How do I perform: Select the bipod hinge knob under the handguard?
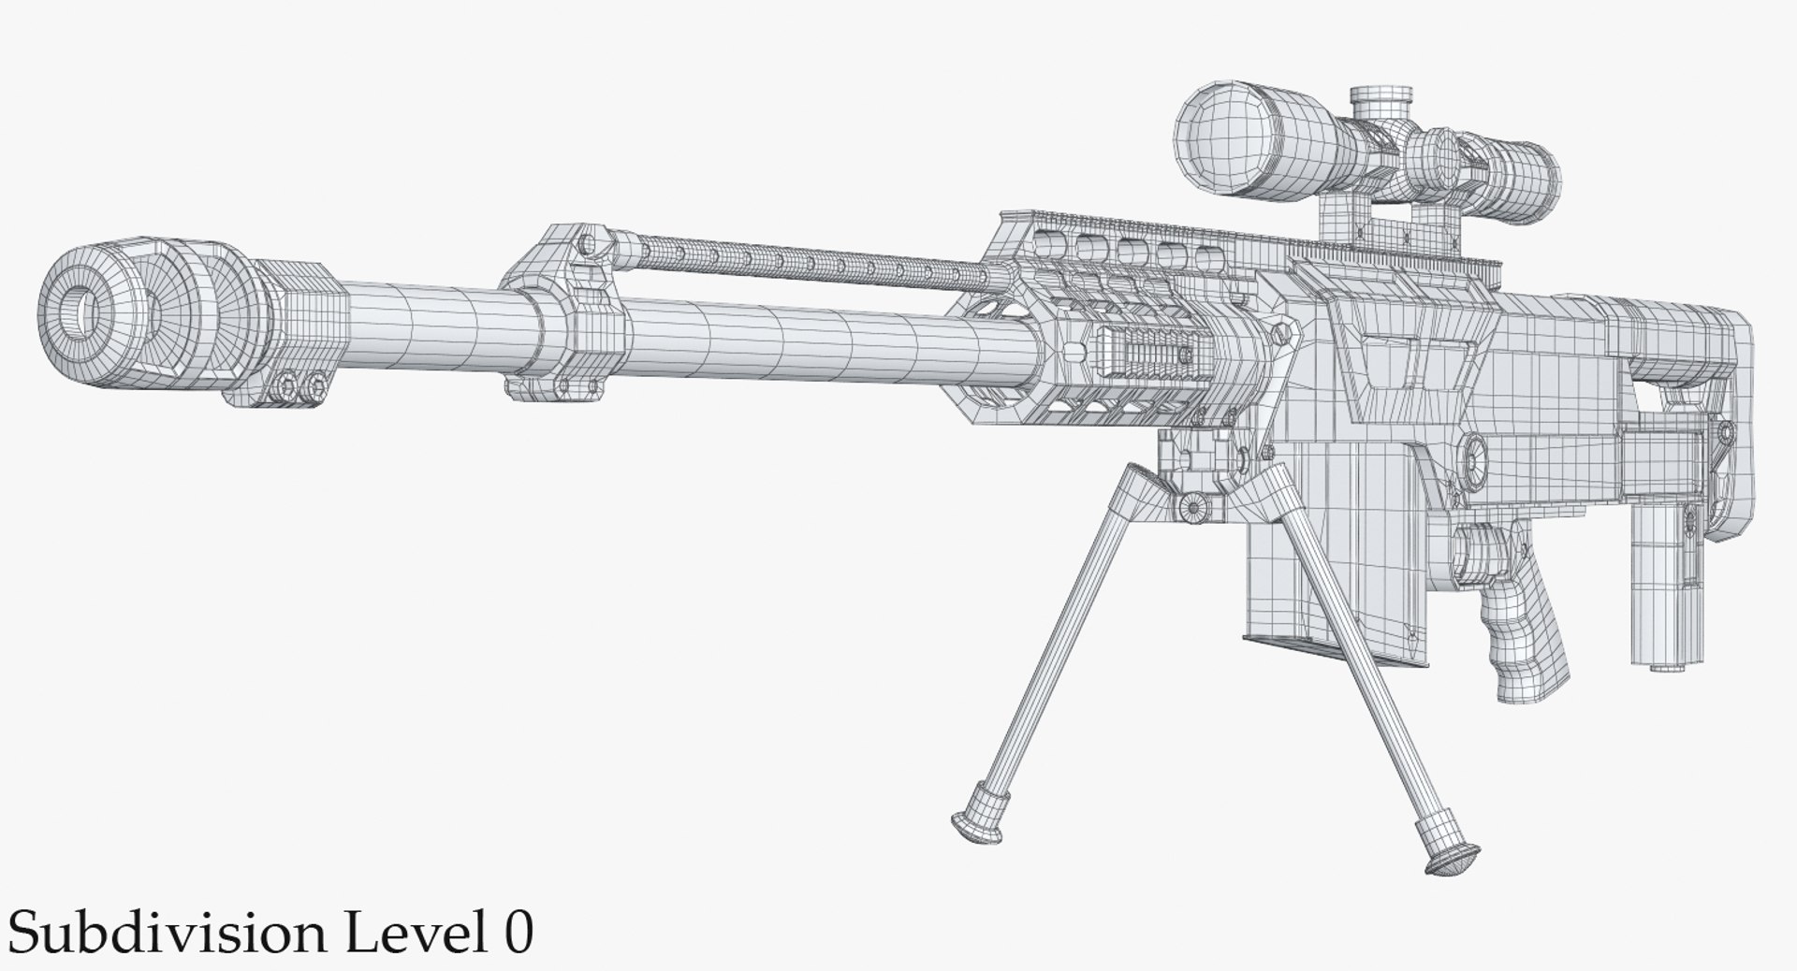tap(1191, 506)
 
